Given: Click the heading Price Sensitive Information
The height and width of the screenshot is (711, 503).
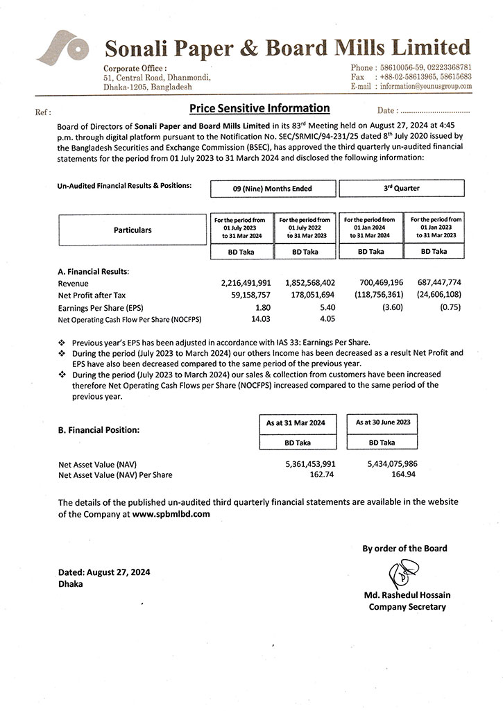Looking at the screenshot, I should (x=259, y=108).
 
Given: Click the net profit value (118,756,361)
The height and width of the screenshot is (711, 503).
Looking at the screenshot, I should (x=371, y=295).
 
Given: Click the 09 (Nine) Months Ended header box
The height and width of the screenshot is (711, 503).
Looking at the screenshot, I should (x=273, y=188).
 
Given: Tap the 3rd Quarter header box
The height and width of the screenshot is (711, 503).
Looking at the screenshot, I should (x=401, y=188).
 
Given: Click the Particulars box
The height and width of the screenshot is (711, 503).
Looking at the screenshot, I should (x=132, y=230).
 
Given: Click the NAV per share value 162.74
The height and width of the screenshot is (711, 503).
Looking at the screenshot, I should (x=322, y=475).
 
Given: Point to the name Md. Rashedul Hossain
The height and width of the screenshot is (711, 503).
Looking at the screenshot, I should (x=404, y=596).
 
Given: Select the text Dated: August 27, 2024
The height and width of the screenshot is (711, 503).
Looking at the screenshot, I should (x=104, y=572).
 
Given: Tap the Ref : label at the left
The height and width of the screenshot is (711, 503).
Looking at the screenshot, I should (x=42, y=112).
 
